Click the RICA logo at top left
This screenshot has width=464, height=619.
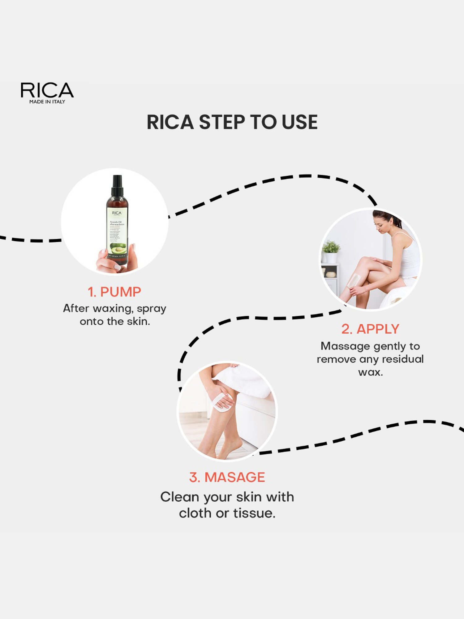tap(47, 90)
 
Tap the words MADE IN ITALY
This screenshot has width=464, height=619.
tap(47, 102)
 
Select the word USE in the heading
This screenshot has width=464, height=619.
tap(299, 122)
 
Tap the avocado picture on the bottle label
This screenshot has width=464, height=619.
tap(118, 248)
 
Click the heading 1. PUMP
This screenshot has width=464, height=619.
tap(114, 292)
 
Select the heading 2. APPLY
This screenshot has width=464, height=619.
tap(370, 329)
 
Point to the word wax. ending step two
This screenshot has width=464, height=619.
tap(370, 372)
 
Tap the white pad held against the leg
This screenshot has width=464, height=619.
tap(221, 402)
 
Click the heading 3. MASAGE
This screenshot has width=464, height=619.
tap(227, 477)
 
